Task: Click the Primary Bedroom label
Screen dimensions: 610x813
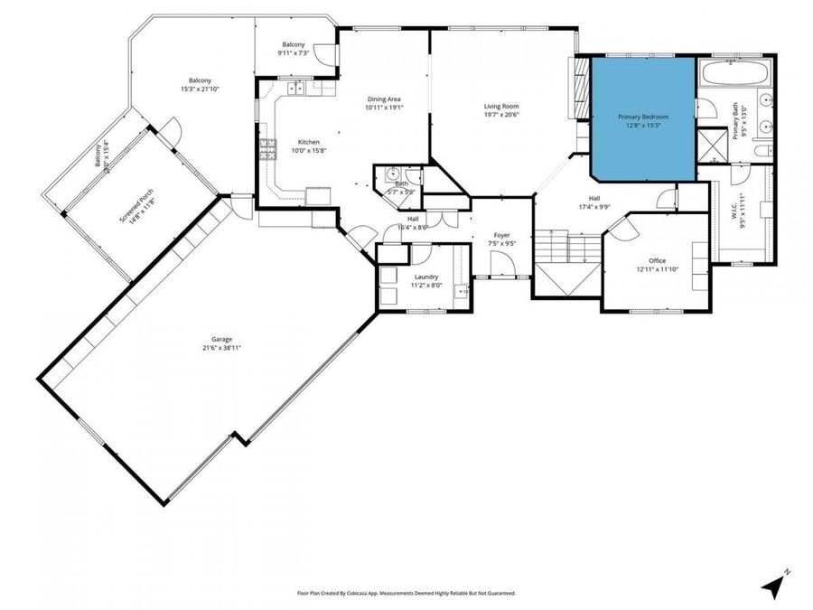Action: tap(643, 117)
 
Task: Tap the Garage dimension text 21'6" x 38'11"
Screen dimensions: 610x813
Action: tap(221, 348)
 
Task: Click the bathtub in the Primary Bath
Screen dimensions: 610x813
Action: tap(734, 74)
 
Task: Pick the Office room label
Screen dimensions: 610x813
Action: tap(657, 261)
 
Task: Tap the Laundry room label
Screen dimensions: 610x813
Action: tap(426, 277)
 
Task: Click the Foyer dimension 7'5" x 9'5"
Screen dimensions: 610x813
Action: tap(501, 243)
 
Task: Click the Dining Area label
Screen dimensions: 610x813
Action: tap(384, 99)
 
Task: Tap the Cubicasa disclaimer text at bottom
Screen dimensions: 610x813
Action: tap(406, 594)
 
